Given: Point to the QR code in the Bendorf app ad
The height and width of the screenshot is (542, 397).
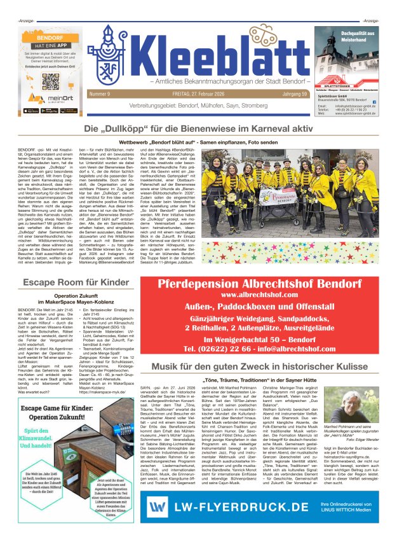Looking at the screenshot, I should pyautogui.click(x=51, y=81).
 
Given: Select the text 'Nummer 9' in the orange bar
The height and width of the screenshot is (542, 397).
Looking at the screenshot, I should pyautogui.click(x=101, y=94).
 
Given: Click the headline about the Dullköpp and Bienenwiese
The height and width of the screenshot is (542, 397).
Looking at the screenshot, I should pyautogui.click(x=198, y=130).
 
